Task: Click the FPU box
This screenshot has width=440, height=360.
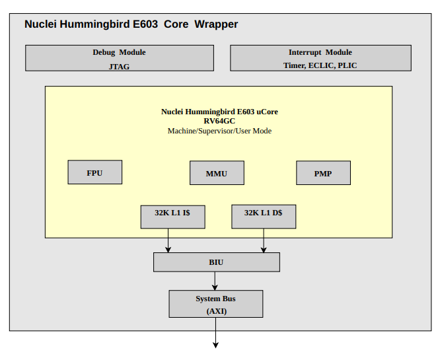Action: (x=95, y=172)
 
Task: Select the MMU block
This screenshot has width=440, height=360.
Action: (x=217, y=173)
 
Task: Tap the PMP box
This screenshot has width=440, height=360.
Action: (x=323, y=173)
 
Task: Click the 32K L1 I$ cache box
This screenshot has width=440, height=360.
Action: (x=173, y=217)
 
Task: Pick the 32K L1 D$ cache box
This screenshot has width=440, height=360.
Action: (x=264, y=217)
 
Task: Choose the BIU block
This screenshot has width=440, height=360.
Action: (x=217, y=262)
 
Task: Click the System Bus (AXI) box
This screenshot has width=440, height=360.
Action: (x=216, y=304)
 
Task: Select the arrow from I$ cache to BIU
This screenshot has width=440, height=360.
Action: (x=168, y=240)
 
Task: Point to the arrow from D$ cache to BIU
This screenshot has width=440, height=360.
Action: (x=264, y=240)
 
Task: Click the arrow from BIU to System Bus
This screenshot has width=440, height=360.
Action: (x=215, y=281)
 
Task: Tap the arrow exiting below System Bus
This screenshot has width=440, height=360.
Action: (x=215, y=333)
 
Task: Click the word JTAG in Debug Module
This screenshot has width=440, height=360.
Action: (x=120, y=67)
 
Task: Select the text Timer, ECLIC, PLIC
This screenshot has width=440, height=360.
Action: (x=320, y=65)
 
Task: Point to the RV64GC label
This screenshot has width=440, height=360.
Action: (x=219, y=121)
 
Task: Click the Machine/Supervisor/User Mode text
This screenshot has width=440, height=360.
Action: (x=220, y=131)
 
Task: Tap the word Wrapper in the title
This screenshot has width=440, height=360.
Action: (x=216, y=24)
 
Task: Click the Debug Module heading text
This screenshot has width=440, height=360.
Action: (x=120, y=52)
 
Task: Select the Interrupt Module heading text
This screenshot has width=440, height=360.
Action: (x=320, y=52)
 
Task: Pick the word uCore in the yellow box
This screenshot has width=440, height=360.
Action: (x=267, y=112)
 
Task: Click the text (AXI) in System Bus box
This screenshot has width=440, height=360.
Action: (x=217, y=311)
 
